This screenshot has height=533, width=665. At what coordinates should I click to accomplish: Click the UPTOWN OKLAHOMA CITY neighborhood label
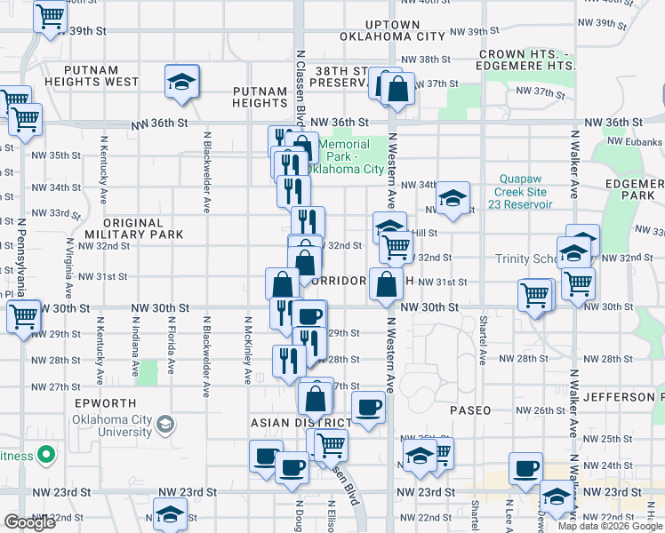[392, 30]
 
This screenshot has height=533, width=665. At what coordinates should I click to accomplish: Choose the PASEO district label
[470, 411]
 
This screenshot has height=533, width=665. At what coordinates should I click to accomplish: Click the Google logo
[30, 522]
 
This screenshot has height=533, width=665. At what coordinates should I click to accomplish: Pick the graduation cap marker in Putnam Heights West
[181, 83]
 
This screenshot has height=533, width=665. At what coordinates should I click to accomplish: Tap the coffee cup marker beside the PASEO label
[368, 408]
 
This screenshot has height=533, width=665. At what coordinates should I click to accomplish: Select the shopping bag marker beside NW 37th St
[397, 90]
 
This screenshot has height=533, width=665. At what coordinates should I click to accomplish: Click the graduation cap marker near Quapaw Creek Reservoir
[453, 197]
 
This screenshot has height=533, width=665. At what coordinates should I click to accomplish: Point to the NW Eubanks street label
[635, 140]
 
